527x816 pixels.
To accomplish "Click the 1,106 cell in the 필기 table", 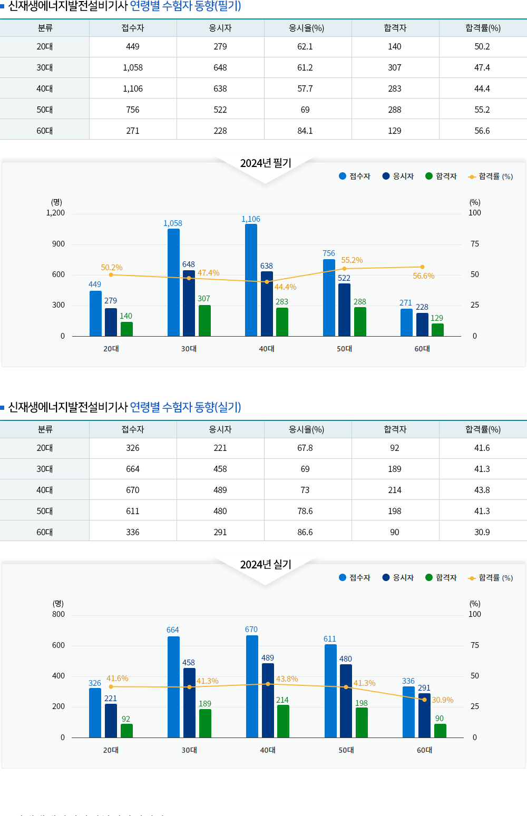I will tap(133, 89).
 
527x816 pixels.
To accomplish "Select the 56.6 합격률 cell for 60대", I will tap(482, 131).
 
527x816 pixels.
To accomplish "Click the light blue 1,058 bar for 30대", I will tap(173, 282).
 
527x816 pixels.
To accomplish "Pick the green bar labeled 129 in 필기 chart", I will tap(437, 330).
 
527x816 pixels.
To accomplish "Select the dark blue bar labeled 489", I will tap(268, 700).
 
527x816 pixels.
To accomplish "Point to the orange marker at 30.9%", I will tap(424, 700).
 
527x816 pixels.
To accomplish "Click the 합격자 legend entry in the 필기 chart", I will tap(441, 176).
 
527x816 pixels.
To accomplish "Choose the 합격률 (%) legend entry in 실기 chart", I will tap(490, 578).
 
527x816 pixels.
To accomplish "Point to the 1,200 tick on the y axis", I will tap(55, 213).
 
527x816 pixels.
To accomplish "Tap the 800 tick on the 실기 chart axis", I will tap(58, 614).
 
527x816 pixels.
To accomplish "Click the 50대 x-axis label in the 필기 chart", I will tap(345, 349).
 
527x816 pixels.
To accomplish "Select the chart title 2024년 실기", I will tap(266, 565).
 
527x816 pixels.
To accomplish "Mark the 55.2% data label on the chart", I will tap(352, 260).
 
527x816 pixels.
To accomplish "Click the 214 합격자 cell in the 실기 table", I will tap(395, 490).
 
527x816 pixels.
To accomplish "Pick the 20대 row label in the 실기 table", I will tap(45, 448).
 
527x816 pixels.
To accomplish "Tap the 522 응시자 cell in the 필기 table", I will tap(220, 110).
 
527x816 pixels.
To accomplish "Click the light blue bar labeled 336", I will tap(408, 712).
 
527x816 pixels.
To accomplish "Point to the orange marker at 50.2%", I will tap(111, 274).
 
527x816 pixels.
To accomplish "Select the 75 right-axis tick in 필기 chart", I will tap(475, 244).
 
